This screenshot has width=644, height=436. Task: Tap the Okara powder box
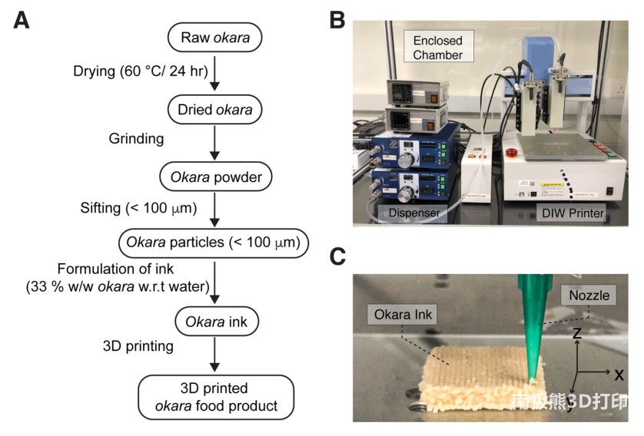click(215, 177)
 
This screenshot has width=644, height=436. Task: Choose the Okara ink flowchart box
click(215, 321)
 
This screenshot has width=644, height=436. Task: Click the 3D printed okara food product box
click(215, 397)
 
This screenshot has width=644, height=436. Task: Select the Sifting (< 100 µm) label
click(138, 208)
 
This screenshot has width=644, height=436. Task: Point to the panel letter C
click(337, 256)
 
